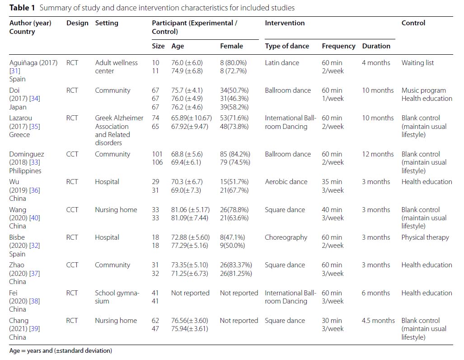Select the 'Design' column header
pos(77,23)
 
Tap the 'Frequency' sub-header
pos(338,46)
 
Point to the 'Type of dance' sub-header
pos(287,46)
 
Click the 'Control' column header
pos(413,23)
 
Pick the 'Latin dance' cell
pos(282,63)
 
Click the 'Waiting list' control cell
pos(417,63)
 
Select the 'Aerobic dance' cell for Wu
pos(286,182)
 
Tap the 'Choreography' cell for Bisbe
pos(286,237)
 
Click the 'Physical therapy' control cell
pos(425,237)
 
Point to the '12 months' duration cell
pos(378,154)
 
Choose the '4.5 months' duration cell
pos(378,321)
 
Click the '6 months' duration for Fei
pos(376,293)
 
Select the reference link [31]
pos(15,71)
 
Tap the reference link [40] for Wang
pos(35,218)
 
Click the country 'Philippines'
pos(25,171)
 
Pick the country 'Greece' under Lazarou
pos(19,134)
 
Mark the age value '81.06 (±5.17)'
pos(190,210)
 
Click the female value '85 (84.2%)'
pos(235,154)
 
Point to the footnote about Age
pos(61,351)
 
